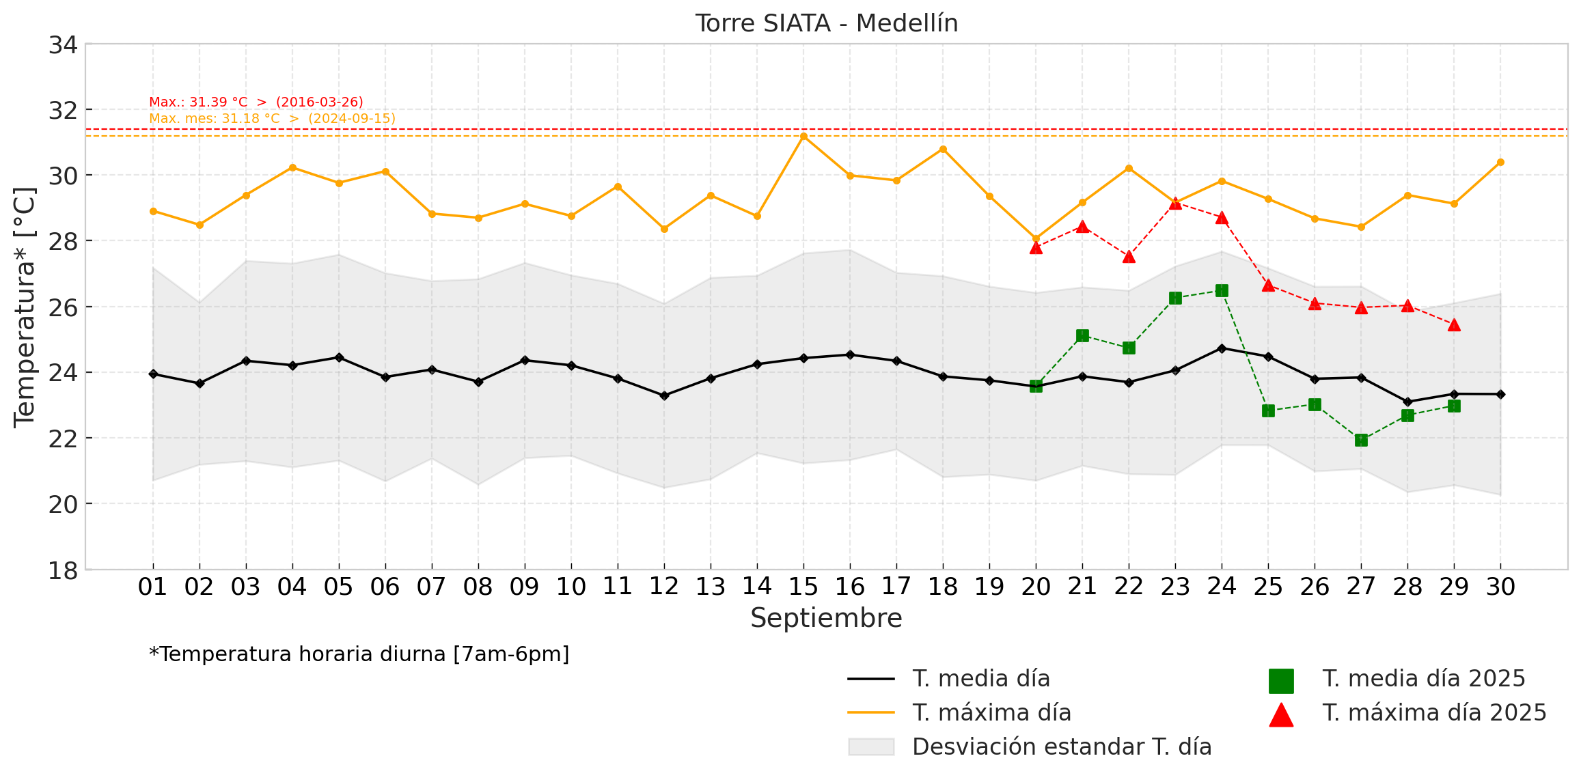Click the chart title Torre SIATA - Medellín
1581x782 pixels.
826,23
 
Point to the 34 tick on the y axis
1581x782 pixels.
63,45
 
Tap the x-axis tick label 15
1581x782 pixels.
803,587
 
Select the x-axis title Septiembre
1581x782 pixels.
826,618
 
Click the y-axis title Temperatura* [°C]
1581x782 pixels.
25,307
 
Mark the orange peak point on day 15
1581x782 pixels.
803,137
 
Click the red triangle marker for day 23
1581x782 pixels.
1175,203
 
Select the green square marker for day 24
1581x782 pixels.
1222,291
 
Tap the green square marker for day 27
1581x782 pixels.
1361,441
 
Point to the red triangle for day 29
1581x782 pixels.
1454,325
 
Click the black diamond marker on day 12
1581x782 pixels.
664,395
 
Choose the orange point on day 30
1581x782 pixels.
1500,163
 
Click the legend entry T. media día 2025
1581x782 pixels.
1424,679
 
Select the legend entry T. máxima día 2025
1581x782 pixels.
1434,713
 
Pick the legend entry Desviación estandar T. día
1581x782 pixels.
1062,747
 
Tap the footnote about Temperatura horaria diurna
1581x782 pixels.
359,654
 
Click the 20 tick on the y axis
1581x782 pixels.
63,504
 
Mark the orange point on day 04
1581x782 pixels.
292,167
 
